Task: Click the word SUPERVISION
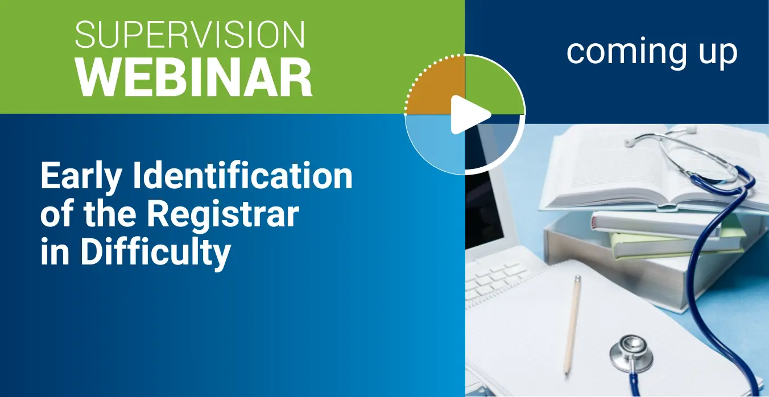tap(189, 34)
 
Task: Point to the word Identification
tap(243, 175)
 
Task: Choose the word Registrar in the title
tap(223, 214)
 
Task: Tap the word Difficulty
tap(156, 253)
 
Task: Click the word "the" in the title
tap(110, 214)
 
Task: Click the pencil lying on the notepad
tap(571, 325)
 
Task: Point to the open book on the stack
tap(652, 165)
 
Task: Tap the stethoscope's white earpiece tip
tap(629, 142)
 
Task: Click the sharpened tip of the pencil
tap(565, 371)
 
